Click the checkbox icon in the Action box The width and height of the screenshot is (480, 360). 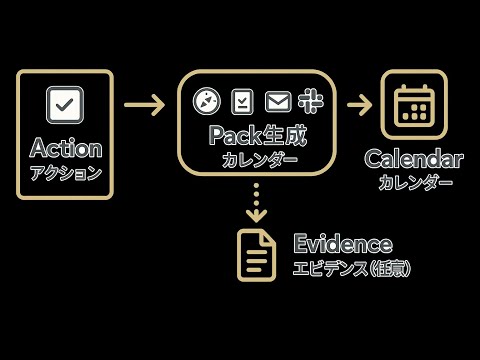pyautogui.click(x=65, y=105)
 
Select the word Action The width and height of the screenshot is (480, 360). pyautogui.click(x=66, y=148)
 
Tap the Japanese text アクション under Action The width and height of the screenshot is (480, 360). pyautogui.click(x=66, y=172)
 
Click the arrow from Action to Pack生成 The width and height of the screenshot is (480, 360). pyautogui.click(x=144, y=104)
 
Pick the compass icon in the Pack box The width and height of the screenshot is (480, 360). pyautogui.click(x=206, y=101)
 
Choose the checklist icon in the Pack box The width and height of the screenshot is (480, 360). pyautogui.click(x=242, y=101)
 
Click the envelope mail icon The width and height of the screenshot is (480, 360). pyautogui.click(x=277, y=101)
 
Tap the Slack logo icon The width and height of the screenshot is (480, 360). pyautogui.click(x=308, y=101)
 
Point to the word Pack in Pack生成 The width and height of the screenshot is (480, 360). pyautogui.click(x=231, y=134)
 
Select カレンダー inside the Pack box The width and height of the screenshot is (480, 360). pyautogui.click(x=259, y=159)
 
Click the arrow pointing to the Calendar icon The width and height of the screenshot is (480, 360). pyautogui.click(x=359, y=104)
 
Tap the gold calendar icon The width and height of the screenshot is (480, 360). pyautogui.click(x=413, y=105)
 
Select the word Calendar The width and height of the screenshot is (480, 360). pyautogui.click(x=413, y=159)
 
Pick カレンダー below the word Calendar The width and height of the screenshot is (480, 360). pyautogui.click(x=415, y=182)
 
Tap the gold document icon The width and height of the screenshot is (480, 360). pyautogui.click(x=256, y=255)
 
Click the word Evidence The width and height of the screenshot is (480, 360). pyautogui.click(x=342, y=244)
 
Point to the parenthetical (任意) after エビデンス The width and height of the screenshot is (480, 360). pyautogui.click(x=390, y=268)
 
